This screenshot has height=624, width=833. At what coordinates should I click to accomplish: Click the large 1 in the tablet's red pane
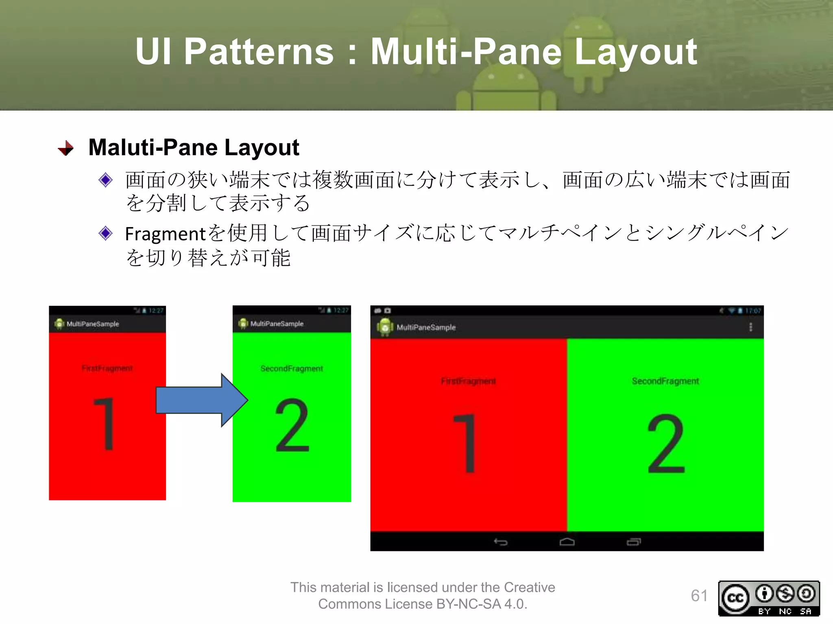point(467,443)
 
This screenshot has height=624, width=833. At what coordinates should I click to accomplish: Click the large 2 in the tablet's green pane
point(666,444)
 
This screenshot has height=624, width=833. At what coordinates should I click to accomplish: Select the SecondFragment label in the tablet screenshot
point(665,381)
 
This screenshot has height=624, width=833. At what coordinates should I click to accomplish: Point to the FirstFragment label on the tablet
point(468,381)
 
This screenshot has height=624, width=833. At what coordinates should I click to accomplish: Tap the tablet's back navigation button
point(500,542)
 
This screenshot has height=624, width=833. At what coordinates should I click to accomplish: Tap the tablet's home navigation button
point(567,542)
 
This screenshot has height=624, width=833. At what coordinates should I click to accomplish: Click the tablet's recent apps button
point(634,542)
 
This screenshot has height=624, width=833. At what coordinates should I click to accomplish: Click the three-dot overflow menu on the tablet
point(750,327)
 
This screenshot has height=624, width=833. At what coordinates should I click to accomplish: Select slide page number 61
point(699,596)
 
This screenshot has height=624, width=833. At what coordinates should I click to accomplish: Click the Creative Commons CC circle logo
point(735,598)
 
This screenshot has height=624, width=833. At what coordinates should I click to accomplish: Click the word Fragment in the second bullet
point(165,234)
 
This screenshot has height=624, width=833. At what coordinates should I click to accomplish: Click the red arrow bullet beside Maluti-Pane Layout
point(66,148)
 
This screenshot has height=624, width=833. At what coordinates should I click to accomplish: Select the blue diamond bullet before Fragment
point(106,233)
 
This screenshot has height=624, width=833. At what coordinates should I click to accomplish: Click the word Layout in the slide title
point(635,52)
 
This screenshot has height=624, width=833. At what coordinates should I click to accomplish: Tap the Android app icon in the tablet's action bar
point(385,327)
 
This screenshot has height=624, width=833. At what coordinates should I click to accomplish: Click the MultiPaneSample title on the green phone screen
point(277,324)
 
